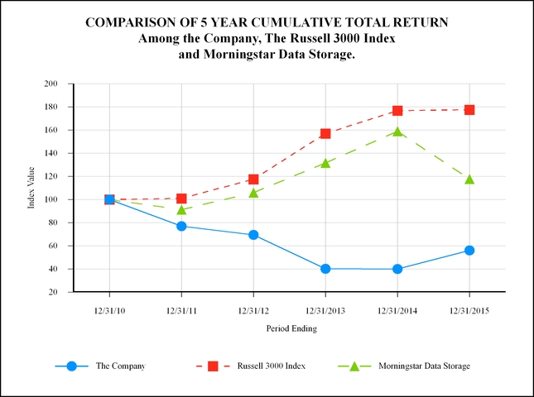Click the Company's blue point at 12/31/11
(181, 226)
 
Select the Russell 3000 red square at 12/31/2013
(325, 133)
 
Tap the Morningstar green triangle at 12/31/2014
(397, 132)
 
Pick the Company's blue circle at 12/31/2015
(469, 250)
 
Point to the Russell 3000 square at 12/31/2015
(469, 109)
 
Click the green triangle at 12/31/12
(253, 193)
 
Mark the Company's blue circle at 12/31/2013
(325, 269)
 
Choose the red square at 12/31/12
(253, 179)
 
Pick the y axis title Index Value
(31, 188)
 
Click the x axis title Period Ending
(291, 328)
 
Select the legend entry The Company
(120, 366)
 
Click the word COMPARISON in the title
(127, 22)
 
